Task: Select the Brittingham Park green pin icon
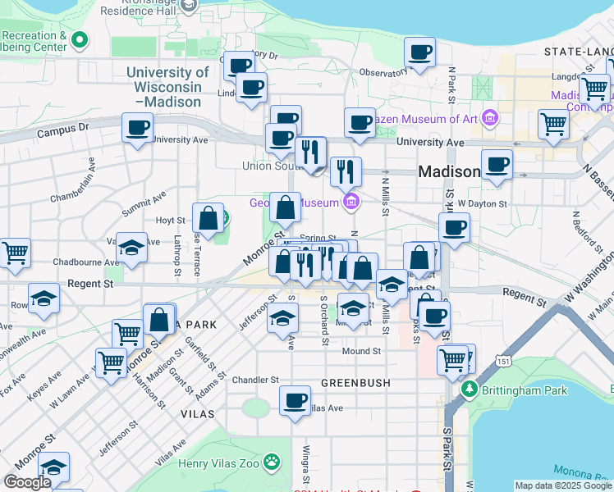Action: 469,389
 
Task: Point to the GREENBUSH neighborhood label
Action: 355,383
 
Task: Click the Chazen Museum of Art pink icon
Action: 490,119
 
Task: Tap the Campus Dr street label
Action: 62,130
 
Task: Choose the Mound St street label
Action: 362,351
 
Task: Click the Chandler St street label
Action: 255,380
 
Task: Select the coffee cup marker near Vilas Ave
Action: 295,401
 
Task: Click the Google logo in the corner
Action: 27,482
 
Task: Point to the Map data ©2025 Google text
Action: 563,485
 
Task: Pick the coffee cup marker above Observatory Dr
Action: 419,53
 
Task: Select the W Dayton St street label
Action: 483,203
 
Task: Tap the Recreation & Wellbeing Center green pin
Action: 80,39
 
